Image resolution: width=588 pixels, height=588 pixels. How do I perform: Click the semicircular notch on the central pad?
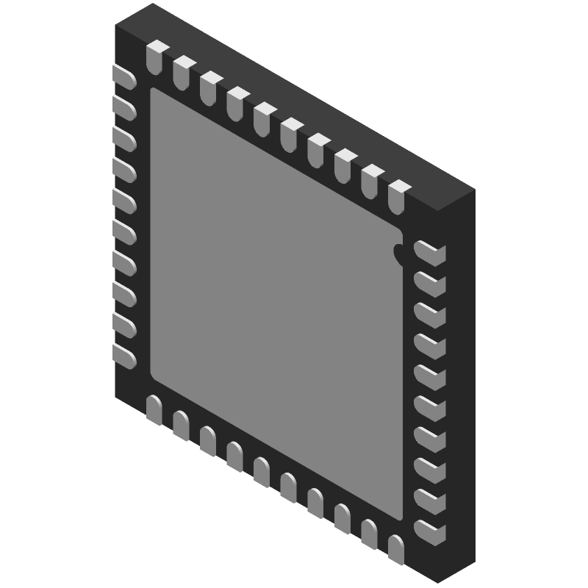399,253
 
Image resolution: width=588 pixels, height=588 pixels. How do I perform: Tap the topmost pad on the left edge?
124,77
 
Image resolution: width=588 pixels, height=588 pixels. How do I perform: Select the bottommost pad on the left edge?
124,356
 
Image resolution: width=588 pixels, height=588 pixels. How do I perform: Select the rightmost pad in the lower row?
396,548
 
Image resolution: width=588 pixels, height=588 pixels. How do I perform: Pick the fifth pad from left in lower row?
262,471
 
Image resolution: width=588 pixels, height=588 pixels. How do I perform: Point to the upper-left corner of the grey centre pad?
154,93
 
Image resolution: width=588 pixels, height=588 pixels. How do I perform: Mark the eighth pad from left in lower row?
343,517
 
